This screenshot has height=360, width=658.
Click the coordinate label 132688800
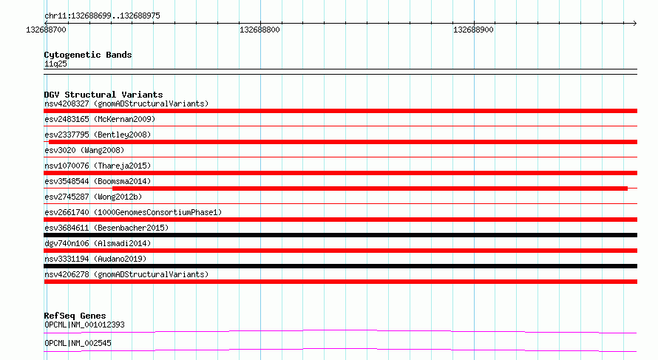click(x=260, y=30)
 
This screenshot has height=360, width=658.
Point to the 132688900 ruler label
click(x=473, y=30)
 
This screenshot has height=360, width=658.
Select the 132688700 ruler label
click(x=46, y=30)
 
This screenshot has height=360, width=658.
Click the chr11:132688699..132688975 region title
click(x=102, y=16)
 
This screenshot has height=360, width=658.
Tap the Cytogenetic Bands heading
click(x=88, y=55)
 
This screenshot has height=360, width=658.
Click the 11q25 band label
click(x=55, y=64)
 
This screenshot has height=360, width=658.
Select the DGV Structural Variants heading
click(x=104, y=95)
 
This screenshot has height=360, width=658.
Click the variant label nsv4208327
click(x=67, y=103)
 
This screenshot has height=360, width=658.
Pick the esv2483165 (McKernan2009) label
click(x=100, y=119)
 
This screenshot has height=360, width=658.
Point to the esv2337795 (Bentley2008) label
click(x=98, y=135)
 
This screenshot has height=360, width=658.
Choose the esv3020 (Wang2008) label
click(x=84, y=150)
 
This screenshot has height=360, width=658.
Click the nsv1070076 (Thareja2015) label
click(x=98, y=166)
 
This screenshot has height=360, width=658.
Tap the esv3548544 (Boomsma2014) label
click(x=98, y=181)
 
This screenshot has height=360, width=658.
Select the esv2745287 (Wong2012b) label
click(x=93, y=197)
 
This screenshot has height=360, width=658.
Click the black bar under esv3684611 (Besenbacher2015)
click(x=340, y=235)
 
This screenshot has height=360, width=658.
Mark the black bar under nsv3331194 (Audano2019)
click(x=340, y=266)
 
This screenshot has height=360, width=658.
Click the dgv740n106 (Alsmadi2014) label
click(x=98, y=243)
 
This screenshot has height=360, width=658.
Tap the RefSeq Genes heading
click(x=75, y=316)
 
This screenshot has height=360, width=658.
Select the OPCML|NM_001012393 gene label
click(x=84, y=325)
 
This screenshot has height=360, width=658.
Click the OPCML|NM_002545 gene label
click(x=78, y=343)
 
